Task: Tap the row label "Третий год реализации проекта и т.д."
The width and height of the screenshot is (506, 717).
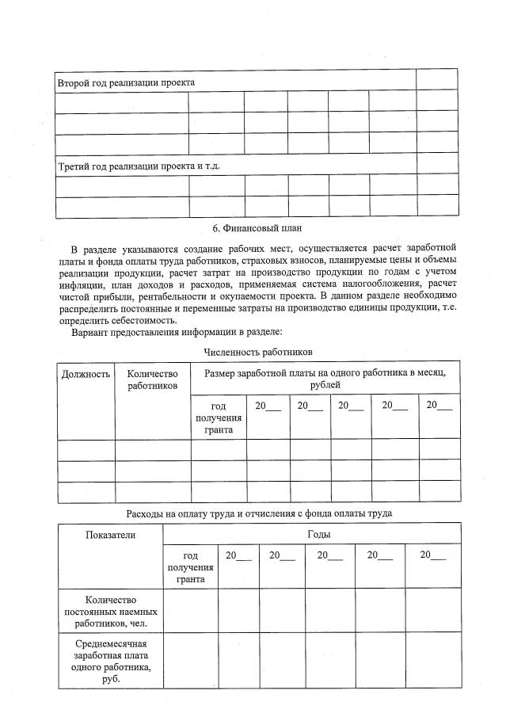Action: click(x=139, y=166)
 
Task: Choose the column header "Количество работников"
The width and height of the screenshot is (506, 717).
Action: click(x=153, y=379)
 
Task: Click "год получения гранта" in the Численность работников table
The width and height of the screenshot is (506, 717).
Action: click(x=219, y=418)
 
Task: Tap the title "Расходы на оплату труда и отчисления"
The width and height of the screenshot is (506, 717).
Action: click(x=259, y=513)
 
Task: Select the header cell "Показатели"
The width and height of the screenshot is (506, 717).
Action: click(x=110, y=535)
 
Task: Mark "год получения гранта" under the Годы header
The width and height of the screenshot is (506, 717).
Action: click(x=190, y=566)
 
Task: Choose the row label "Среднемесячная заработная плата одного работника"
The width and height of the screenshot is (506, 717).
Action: click(x=110, y=661)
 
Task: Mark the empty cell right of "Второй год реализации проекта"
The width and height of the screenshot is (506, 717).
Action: click(x=436, y=79)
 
